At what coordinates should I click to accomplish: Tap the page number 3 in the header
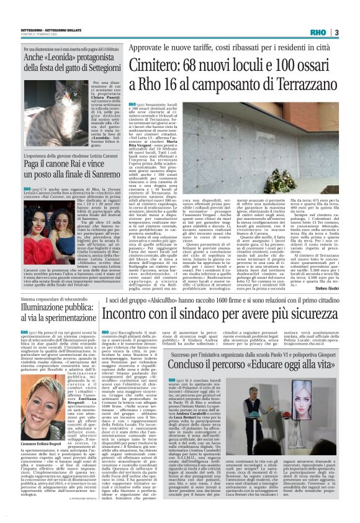pyautogui.click(x=336, y=32)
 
